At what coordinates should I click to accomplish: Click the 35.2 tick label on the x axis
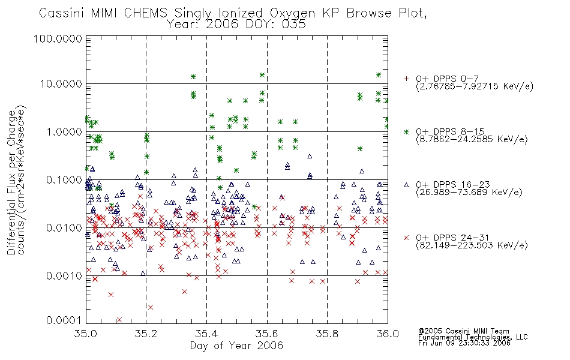pyautogui.click(x=146, y=334)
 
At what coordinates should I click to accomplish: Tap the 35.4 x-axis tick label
pyautogui.click(x=206, y=334)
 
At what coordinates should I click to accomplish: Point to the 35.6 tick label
pyautogui.click(x=267, y=334)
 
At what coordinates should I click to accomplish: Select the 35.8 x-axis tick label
pyautogui.click(x=327, y=334)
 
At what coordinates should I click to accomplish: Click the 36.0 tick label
pyautogui.click(x=388, y=334)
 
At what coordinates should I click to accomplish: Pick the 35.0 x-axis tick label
pyautogui.click(x=86, y=334)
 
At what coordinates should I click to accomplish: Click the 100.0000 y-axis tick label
pyautogui.click(x=58, y=38)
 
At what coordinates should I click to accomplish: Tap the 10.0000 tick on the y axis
pyautogui.click(x=61, y=84)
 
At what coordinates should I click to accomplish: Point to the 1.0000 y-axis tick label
pyautogui.click(x=64, y=131)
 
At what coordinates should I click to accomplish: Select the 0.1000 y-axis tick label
pyautogui.click(x=64, y=179)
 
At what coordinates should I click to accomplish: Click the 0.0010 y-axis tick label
pyautogui.click(x=64, y=275)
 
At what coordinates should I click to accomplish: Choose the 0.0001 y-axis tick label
pyautogui.click(x=64, y=320)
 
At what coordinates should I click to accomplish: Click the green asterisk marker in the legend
pyautogui.click(x=406, y=131)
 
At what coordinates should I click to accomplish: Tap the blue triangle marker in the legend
pyautogui.click(x=406, y=185)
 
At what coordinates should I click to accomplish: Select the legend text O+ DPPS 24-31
pyautogui.click(x=452, y=238)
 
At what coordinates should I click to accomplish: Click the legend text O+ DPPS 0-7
pyautogui.click(x=447, y=79)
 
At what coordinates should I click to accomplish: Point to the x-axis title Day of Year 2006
pyautogui.click(x=236, y=346)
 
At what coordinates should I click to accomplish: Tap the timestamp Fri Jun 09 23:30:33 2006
pyautogui.click(x=464, y=343)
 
